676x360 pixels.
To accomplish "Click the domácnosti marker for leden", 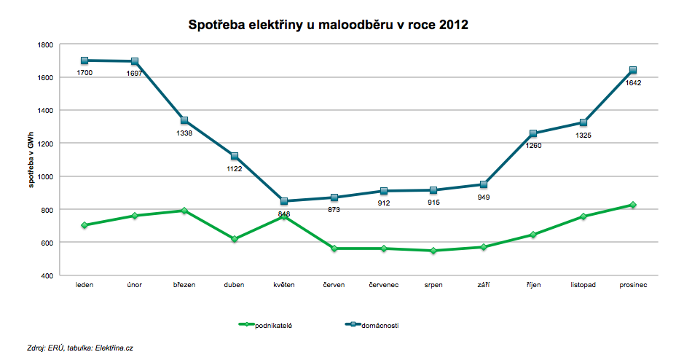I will coord(84,60).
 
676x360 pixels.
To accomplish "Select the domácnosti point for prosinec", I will coord(633,70).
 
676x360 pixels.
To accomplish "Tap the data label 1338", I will coord(184,133).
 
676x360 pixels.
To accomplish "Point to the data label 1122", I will coord(235,169).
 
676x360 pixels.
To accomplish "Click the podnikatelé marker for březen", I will coord(184,211).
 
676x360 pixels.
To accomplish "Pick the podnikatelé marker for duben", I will coord(235,239).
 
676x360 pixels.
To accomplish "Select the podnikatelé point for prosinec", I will coord(633,205).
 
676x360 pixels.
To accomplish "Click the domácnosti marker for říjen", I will coord(533,133).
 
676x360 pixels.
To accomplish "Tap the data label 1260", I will coord(533,146).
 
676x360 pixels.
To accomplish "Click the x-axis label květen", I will coord(284,285).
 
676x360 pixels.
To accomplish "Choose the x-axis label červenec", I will coord(384,285).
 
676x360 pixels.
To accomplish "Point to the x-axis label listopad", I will coord(583,285).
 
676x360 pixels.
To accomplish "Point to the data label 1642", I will coord(633,83).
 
